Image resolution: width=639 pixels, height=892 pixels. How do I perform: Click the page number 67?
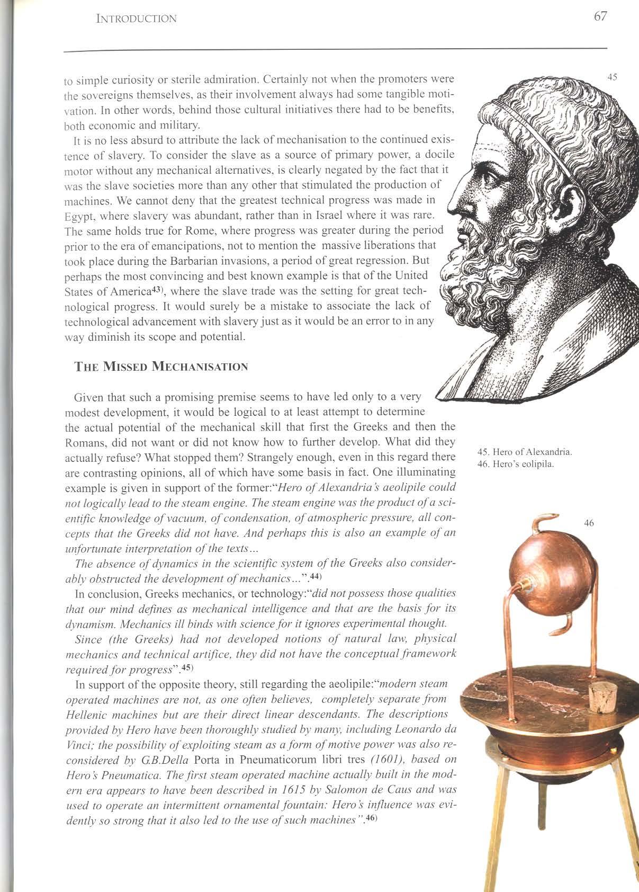(600, 16)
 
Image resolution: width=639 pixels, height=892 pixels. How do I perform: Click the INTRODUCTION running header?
(136, 19)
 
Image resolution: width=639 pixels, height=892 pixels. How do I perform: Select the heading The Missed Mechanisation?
(160, 367)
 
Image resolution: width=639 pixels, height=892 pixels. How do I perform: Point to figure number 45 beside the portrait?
(612, 77)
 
